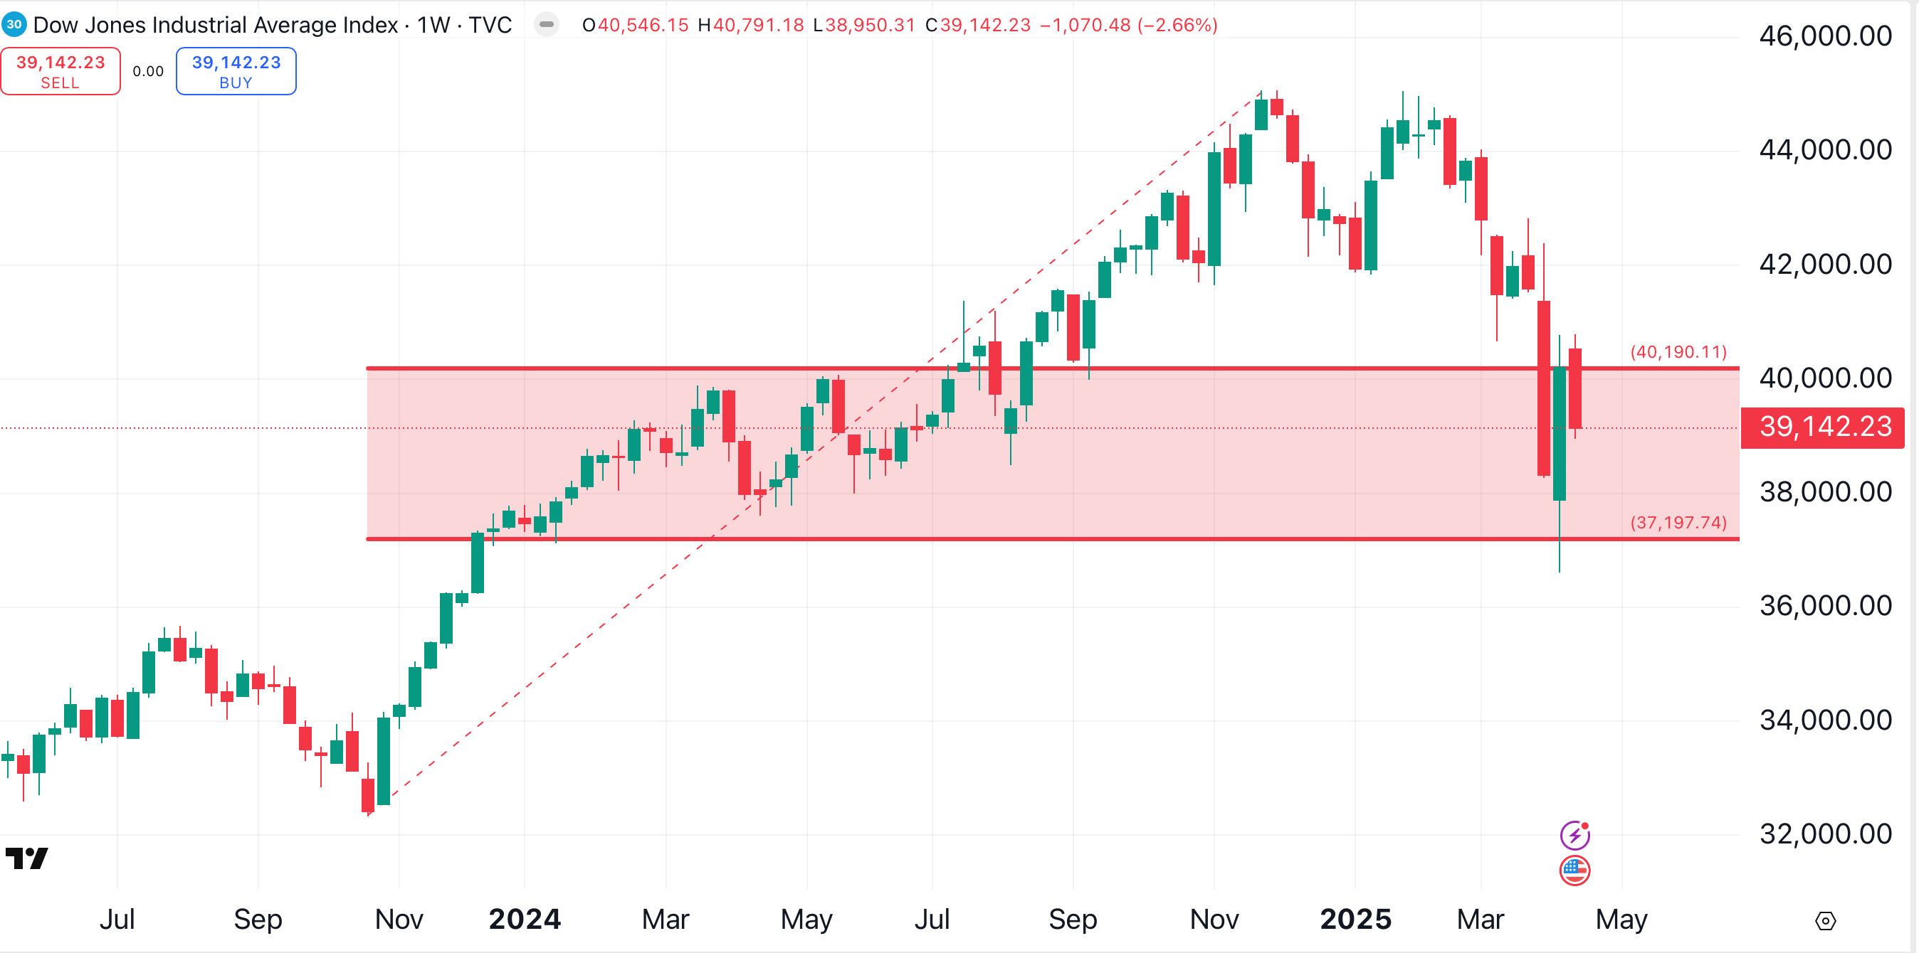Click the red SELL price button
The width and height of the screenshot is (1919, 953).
pyautogui.click(x=61, y=71)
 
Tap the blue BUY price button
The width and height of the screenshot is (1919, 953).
pyautogui.click(x=236, y=71)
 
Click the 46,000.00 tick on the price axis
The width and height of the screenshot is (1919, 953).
pyautogui.click(x=1824, y=36)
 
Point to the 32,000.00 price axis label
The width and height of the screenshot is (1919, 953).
pyautogui.click(x=1824, y=833)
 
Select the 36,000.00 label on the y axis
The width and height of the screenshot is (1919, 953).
pyautogui.click(x=1824, y=605)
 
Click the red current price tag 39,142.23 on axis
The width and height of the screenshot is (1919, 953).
pyautogui.click(x=1824, y=427)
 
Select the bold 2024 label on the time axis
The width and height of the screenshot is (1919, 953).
pyautogui.click(x=525, y=919)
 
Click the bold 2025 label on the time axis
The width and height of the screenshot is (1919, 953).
pyautogui.click(x=1355, y=919)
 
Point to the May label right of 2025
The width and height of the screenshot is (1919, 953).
pyautogui.click(x=1621, y=919)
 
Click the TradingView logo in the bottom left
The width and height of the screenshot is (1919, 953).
pyautogui.click(x=27, y=858)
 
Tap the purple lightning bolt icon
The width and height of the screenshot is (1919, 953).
pyautogui.click(x=1574, y=835)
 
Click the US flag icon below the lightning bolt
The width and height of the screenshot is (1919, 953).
pyautogui.click(x=1574, y=870)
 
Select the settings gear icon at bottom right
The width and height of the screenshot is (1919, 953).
pyautogui.click(x=1825, y=921)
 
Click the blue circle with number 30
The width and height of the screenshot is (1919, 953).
pyautogui.click(x=14, y=24)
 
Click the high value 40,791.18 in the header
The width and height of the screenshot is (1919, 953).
pyautogui.click(x=758, y=26)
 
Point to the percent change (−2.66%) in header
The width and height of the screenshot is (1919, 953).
pyautogui.click(x=1177, y=26)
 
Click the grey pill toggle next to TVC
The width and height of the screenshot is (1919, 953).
pyautogui.click(x=546, y=25)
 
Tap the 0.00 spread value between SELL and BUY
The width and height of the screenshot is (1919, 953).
pyautogui.click(x=148, y=71)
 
